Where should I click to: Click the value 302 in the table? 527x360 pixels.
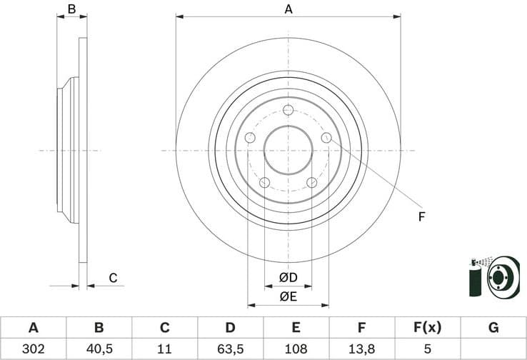(33, 349)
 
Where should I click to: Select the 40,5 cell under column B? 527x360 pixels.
(99, 349)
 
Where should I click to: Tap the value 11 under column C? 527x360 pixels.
(164, 349)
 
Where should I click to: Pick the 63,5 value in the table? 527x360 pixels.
(230, 349)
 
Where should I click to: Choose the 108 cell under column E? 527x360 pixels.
(296, 349)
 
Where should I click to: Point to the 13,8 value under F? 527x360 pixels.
(362, 349)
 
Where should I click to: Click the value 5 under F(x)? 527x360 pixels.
(427, 349)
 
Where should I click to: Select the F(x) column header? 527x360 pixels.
(427, 328)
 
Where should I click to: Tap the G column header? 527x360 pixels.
(493, 328)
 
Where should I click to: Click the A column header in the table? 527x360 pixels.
(33, 328)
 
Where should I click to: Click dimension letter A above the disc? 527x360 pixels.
(288, 9)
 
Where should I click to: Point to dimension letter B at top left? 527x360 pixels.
(71, 9)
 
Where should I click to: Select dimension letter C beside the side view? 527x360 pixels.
(112, 279)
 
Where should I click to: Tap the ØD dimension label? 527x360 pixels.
(288, 277)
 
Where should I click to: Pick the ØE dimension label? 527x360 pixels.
(288, 296)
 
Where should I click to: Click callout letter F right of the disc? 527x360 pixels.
(421, 216)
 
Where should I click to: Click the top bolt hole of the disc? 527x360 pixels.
(288, 110)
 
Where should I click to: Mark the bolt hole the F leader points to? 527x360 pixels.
(326, 138)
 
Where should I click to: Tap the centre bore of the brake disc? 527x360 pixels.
(288, 150)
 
